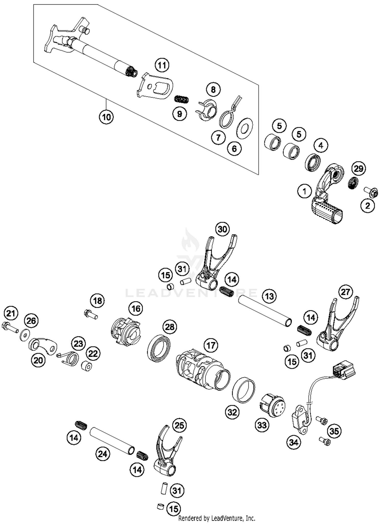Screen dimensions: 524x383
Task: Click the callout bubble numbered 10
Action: coord(106,117)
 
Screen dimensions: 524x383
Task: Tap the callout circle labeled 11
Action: coord(162,65)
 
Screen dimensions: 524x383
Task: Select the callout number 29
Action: coord(358,169)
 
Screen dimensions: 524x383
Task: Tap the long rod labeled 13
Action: coord(264,311)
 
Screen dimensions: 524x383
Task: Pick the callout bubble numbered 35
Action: coord(334,431)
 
